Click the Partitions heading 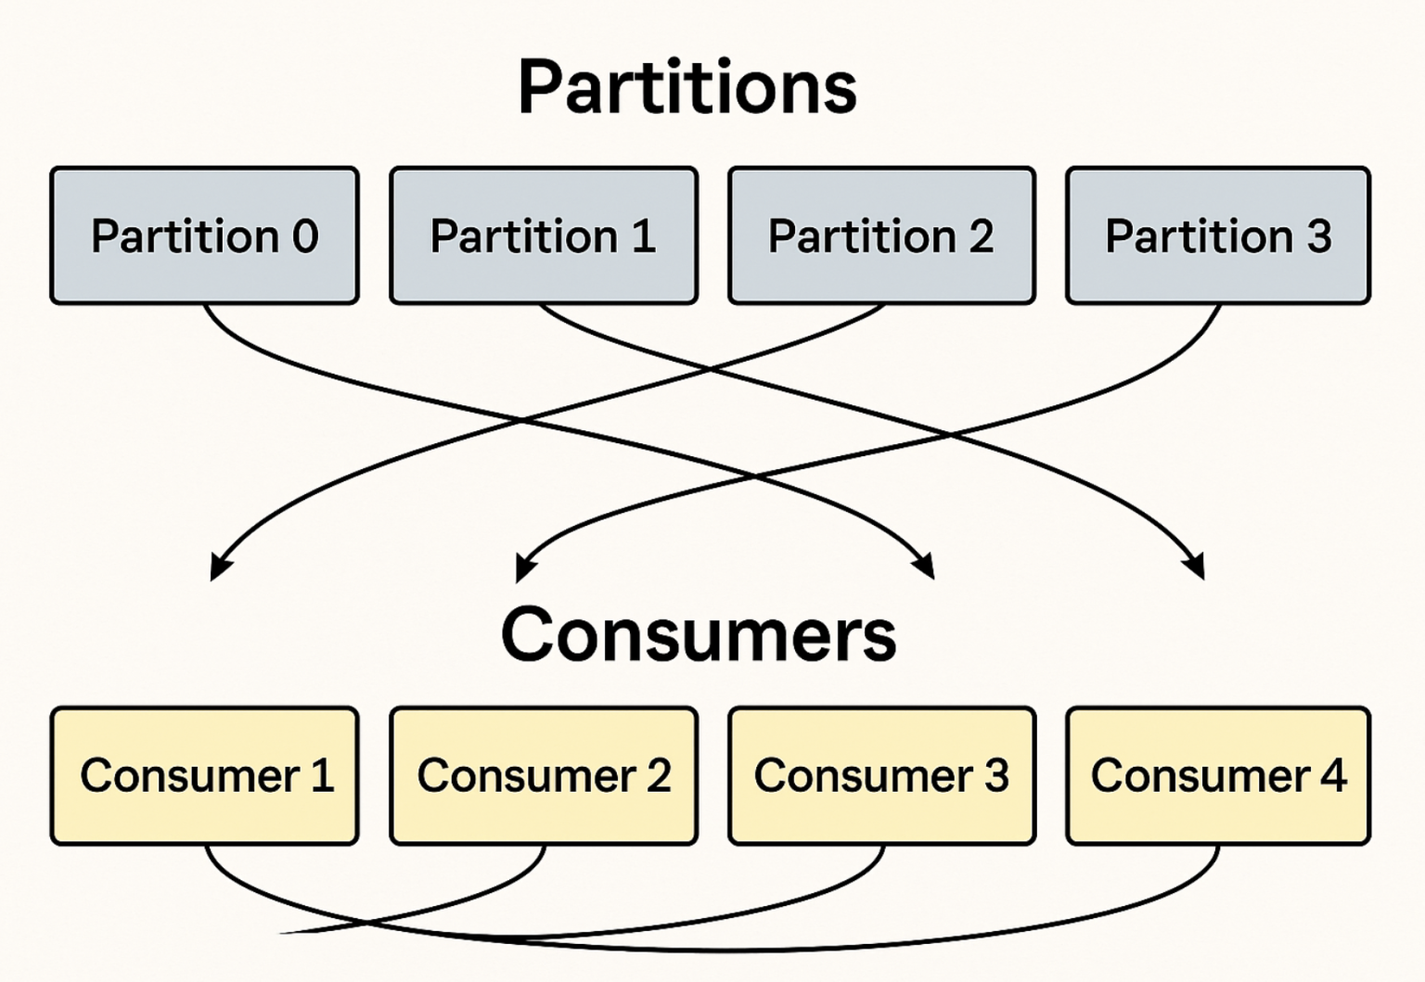(x=687, y=87)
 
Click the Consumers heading (x=699, y=634)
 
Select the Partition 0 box (x=204, y=236)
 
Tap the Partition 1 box (x=544, y=236)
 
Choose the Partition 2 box (x=881, y=236)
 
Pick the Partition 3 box (x=1218, y=236)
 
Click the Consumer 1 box (x=204, y=776)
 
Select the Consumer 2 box (x=544, y=776)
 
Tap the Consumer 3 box (x=881, y=776)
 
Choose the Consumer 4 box (x=1218, y=776)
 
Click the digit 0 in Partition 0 (x=304, y=236)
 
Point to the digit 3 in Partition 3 (x=1318, y=236)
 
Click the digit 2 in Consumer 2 (x=659, y=776)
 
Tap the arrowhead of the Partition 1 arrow (x=1196, y=566)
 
